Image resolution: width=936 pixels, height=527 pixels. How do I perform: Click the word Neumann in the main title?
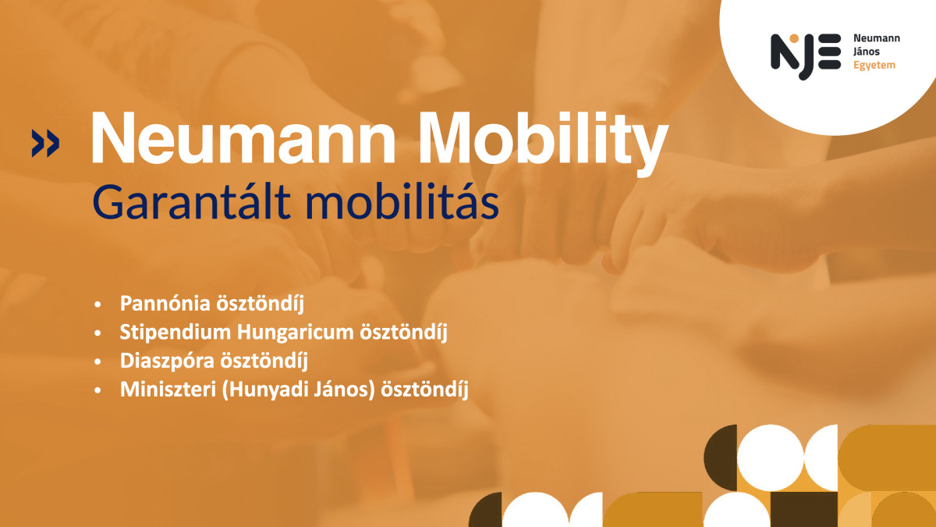pyautogui.click(x=243, y=138)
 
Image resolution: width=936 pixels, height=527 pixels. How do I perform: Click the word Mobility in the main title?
pyautogui.click(x=543, y=144)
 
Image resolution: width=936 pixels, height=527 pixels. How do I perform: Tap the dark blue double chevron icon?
pyautogui.click(x=45, y=143)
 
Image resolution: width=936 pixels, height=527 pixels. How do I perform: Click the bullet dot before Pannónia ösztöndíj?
pyautogui.click(x=97, y=304)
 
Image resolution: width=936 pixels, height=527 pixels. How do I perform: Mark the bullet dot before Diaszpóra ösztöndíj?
pyautogui.click(x=97, y=361)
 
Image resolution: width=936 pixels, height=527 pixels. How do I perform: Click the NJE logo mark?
pyautogui.click(x=805, y=55)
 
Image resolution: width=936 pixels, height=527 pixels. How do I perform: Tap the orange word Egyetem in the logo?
pyautogui.click(x=874, y=66)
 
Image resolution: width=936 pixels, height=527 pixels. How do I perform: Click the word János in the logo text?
pyautogui.click(x=867, y=52)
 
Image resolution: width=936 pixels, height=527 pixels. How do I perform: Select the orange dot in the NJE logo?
pyautogui.click(x=794, y=38)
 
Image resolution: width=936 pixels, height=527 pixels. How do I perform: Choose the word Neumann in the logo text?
pyautogui.click(x=876, y=38)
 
